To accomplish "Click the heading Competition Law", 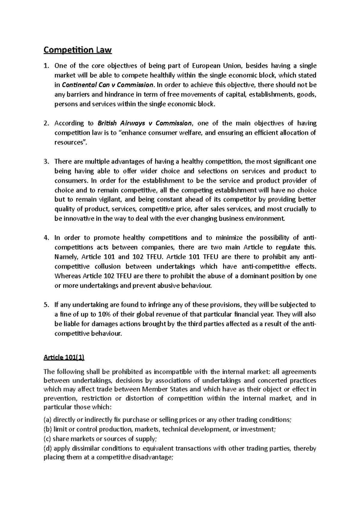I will click(77, 50).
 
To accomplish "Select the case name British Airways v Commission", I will click(145, 123).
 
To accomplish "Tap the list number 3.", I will click(46, 162).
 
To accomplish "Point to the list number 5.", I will click(46, 305).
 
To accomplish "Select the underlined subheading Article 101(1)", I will click(64, 358).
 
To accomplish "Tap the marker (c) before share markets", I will click(47, 439).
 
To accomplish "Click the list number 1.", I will click(46, 66).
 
